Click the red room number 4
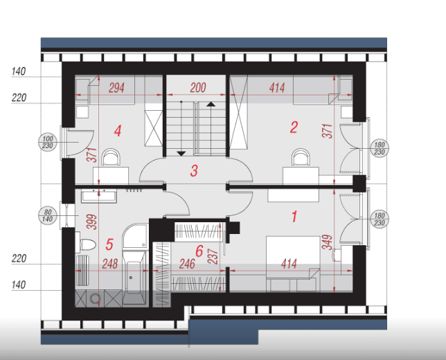(x=118, y=131)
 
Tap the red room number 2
(x=294, y=127)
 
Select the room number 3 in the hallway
(x=194, y=170)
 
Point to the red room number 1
(x=294, y=216)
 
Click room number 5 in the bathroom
(x=109, y=244)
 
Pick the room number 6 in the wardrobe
(x=199, y=251)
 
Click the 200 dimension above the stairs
(x=198, y=88)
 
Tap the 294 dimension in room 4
(x=116, y=88)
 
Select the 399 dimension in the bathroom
(x=92, y=222)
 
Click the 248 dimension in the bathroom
(x=110, y=264)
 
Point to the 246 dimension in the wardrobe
(x=187, y=264)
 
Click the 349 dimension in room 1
(x=327, y=242)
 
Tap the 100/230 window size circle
(x=48, y=142)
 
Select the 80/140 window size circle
(x=48, y=216)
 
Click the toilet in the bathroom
(x=86, y=244)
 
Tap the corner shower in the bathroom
(x=136, y=236)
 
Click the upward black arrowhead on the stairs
(x=211, y=104)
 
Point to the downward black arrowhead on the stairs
(x=181, y=154)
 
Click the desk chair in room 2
(x=300, y=157)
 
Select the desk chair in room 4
(x=111, y=157)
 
